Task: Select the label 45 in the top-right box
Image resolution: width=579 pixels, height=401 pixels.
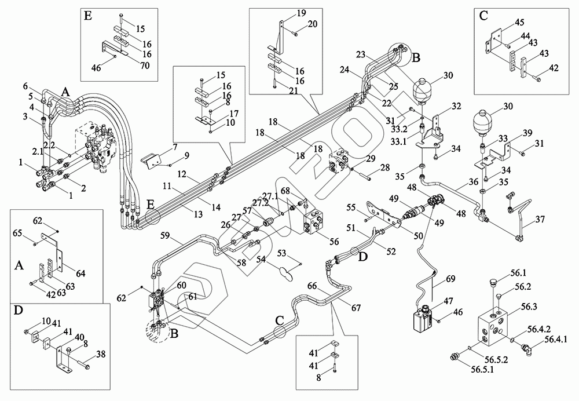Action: tap(519, 23)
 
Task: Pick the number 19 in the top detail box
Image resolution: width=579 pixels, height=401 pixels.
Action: tap(302, 13)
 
